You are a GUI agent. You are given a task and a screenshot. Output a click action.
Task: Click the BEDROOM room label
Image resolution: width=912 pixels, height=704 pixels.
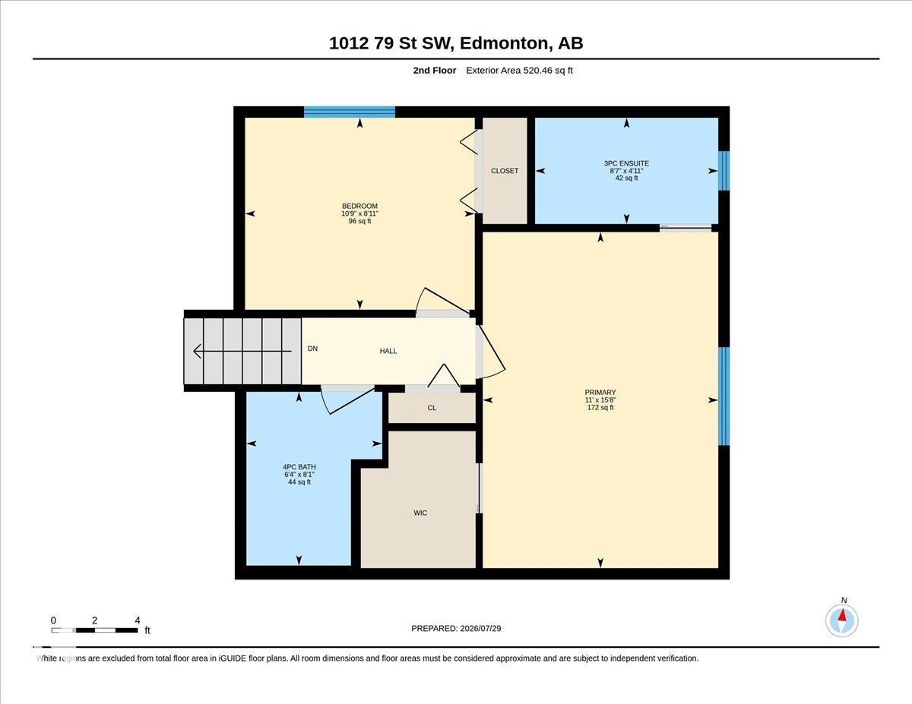click(x=359, y=206)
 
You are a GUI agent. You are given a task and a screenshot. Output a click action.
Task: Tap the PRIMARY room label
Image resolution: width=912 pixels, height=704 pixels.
click(x=600, y=393)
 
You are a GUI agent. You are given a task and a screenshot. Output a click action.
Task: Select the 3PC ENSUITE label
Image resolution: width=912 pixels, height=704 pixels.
click(x=626, y=163)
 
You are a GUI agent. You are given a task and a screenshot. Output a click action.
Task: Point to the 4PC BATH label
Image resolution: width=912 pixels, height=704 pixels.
click(x=299, y=467)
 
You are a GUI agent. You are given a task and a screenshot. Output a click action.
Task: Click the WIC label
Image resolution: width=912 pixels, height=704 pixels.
click(x=420, y=513)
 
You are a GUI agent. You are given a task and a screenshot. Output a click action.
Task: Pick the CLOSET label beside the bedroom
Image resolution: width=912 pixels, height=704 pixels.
click(x=505, y=171)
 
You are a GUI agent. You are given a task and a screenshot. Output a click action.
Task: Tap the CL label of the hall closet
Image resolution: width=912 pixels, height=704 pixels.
click(x=432, y=408)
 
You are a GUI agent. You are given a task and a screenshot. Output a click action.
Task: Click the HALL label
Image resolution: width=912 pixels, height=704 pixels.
click(x=388, y=351)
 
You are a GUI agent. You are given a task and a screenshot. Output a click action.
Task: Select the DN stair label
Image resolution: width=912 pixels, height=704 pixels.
click(x=312, y=349)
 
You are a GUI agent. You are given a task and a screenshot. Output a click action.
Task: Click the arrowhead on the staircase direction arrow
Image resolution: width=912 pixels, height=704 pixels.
click(x=195, y=351)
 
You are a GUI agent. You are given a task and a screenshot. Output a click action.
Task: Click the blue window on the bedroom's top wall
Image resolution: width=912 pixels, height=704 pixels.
click(x=349, y=112)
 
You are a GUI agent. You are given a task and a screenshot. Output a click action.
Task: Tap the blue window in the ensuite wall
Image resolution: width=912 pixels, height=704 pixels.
click(x=724, y=171)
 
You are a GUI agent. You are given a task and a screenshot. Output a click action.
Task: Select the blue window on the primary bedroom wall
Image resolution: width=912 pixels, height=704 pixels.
click(x=724, y=396)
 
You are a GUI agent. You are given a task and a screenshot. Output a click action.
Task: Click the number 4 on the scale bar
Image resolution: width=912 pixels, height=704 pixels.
click(x=138, y=620)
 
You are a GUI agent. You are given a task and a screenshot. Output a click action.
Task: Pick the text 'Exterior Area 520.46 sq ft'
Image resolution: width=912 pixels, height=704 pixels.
click(x=519, y=71)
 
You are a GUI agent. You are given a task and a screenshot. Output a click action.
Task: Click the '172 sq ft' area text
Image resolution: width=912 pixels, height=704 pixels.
click(x=600, y=407)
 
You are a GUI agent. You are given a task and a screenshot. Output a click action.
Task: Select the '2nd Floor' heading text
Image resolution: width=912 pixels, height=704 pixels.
click(x=435, y=71)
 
